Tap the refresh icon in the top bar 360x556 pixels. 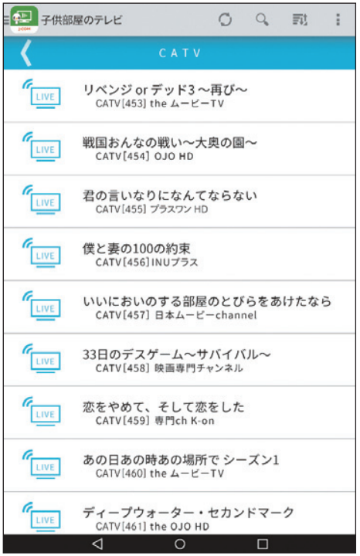coord(226,19)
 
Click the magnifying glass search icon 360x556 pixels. coord(262,19)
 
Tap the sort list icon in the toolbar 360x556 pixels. coord(300,19)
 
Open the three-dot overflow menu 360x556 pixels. coord(338,19)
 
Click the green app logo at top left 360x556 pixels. coord(24,20)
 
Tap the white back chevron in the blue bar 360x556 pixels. coord(26,53)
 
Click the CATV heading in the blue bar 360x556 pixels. coord(180,53)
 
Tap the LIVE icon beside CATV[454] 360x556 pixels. coord(42,147)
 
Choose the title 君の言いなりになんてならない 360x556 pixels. coord(169,195)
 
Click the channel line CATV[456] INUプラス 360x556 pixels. coord(147,263)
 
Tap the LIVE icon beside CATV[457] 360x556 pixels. coord(42,306)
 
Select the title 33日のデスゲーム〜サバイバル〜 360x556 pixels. coord(177,354)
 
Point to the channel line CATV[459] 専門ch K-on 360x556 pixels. coord(155,421)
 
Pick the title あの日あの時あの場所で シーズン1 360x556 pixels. coord(181,460)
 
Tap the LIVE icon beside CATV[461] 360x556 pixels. coord(42,517)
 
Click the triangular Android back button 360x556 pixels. coord(97,544)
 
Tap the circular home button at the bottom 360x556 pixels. coord(180,544)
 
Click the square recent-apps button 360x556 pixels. coord(263,544)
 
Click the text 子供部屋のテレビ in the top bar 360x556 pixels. coord(82,20)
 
